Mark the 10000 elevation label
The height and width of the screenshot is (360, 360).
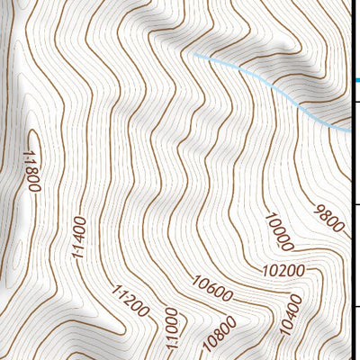coord(279,232)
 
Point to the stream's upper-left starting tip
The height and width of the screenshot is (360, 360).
coord(193,56)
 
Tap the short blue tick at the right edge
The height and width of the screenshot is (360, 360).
coord(356,80)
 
